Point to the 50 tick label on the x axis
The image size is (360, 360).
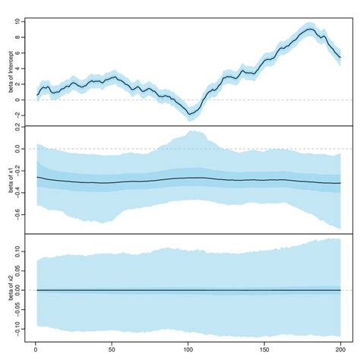(112, 350)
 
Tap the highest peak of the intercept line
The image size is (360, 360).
(308, 29)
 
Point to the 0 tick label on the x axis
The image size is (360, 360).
(36, 350)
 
